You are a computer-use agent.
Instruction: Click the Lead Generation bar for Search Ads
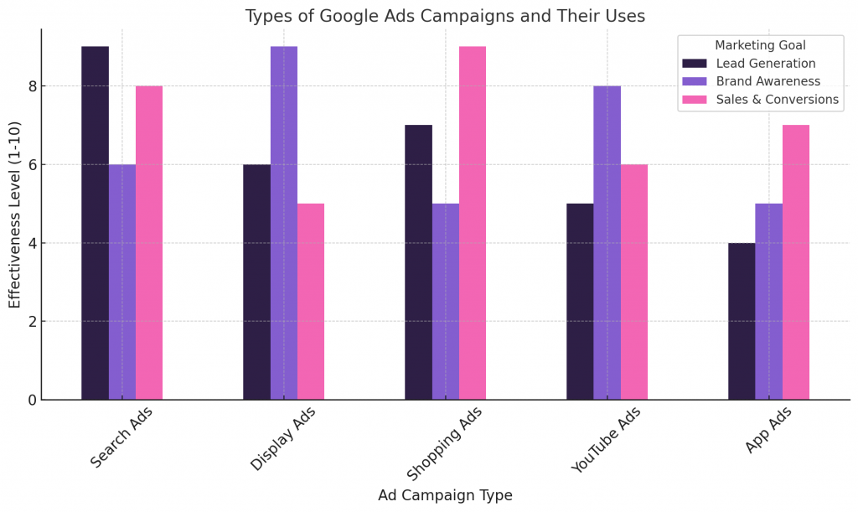[x=95, y=223]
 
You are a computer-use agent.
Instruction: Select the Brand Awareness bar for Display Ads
[x=284, y=223]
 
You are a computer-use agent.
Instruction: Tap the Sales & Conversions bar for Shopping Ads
[x=473, y=223]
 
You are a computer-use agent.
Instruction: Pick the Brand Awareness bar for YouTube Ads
[x=607, y=243]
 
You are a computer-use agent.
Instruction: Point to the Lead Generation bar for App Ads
[x=742, y=321]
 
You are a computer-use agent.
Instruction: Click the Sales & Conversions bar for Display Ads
[x=311, y=302]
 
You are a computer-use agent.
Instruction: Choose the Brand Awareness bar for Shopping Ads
[x=446, y=302]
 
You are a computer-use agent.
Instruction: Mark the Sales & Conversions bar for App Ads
[x=796, y=262]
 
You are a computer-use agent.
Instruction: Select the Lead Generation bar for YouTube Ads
[x=580, y=302]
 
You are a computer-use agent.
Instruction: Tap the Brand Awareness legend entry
[x=768, y=81]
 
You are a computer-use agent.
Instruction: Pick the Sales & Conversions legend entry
[x=778, y=100]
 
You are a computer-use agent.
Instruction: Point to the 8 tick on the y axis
[x=31, y=86]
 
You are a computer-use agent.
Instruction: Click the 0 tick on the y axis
[x=31, y=400]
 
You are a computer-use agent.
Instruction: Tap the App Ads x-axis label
[x=768, y=429]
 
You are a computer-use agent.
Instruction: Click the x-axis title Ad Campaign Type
[x=445, y=495]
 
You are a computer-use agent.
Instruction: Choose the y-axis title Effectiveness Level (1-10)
[x=15, y=214]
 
